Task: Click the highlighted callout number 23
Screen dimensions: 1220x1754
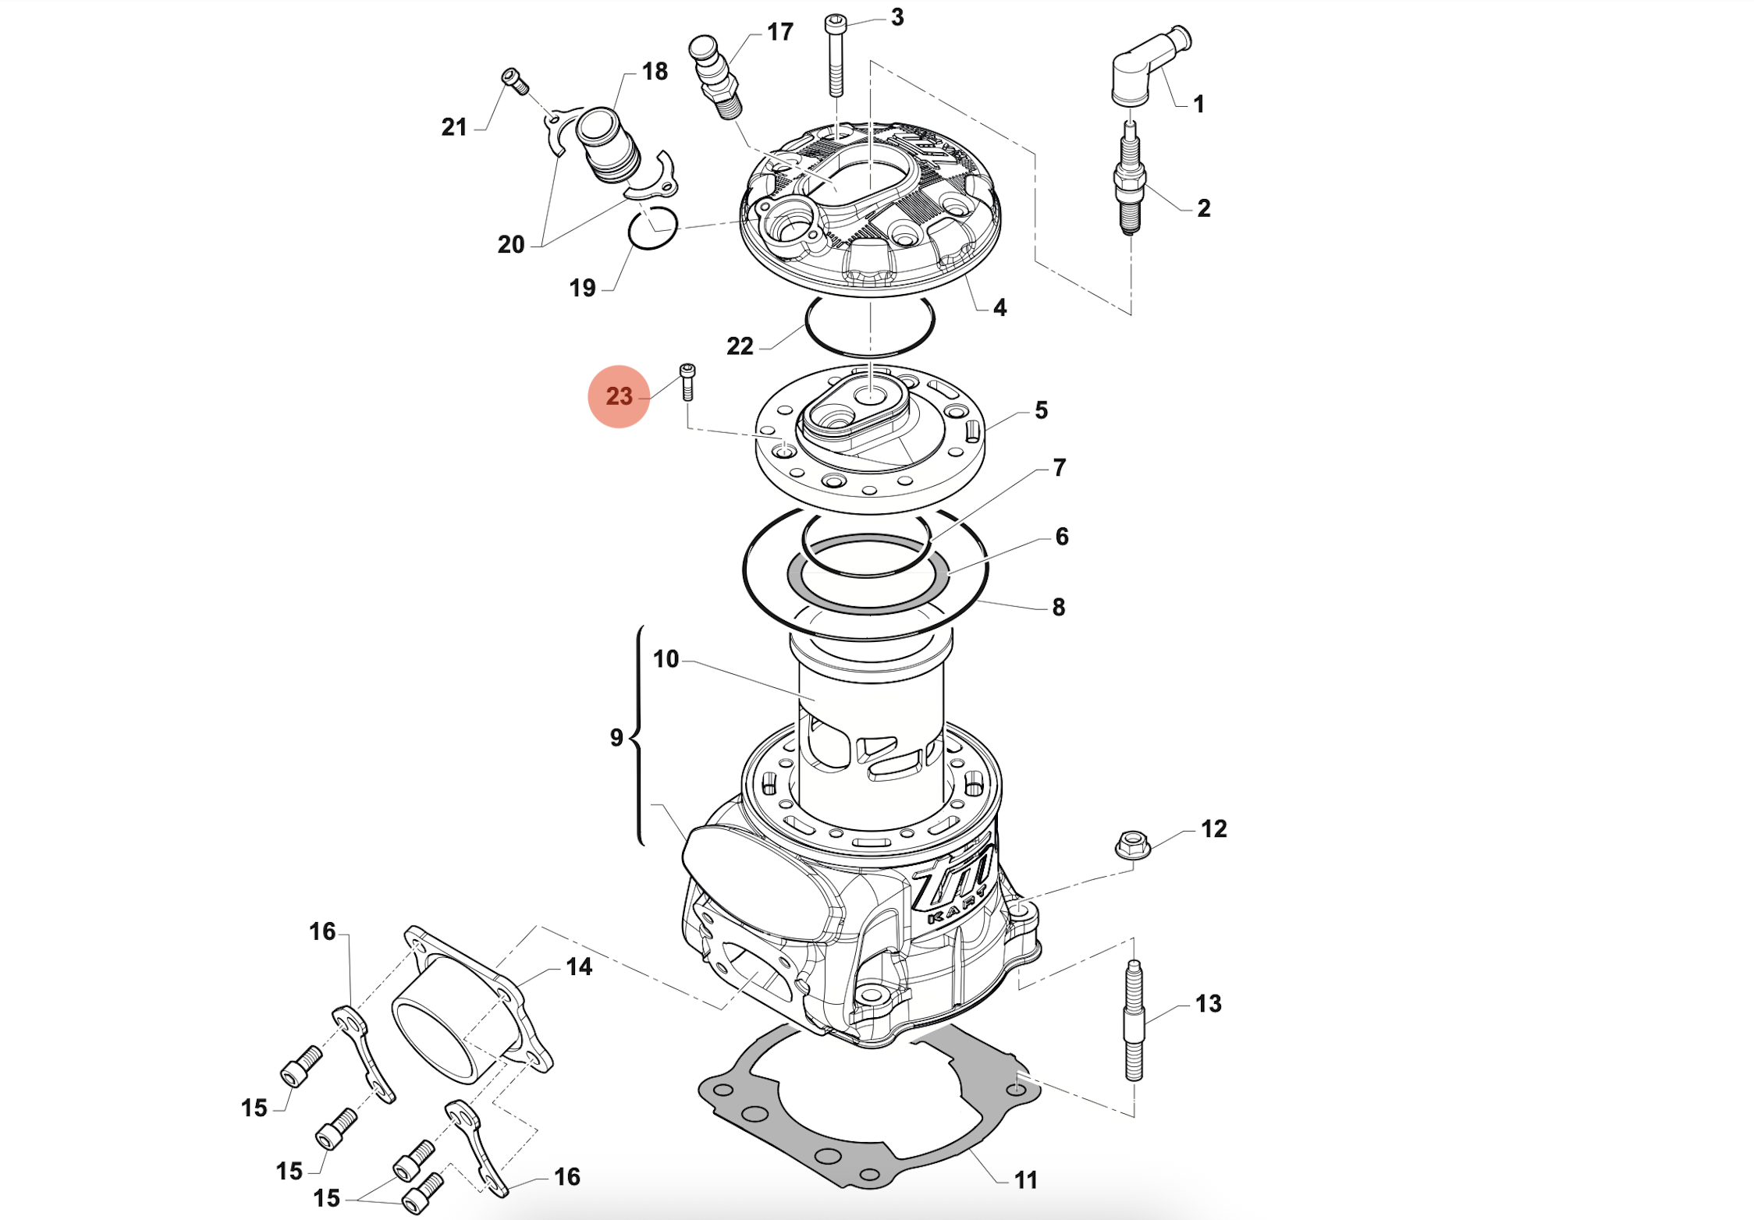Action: coord(619,396)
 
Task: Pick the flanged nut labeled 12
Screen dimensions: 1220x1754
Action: coord(1132,845)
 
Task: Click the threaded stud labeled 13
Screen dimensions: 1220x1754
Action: coord(1134,1022)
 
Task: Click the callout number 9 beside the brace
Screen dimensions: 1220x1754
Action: coord(616,737)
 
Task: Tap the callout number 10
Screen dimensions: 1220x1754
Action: coord(666,659)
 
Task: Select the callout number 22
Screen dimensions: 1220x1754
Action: coord(740,346)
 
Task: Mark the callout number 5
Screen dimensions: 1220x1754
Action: coord(1041,410)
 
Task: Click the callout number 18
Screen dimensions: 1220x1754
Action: coord(655,72)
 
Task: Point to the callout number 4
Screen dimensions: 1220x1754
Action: coord(999,307)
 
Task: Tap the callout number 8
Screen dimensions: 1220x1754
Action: coord(1058,607)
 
